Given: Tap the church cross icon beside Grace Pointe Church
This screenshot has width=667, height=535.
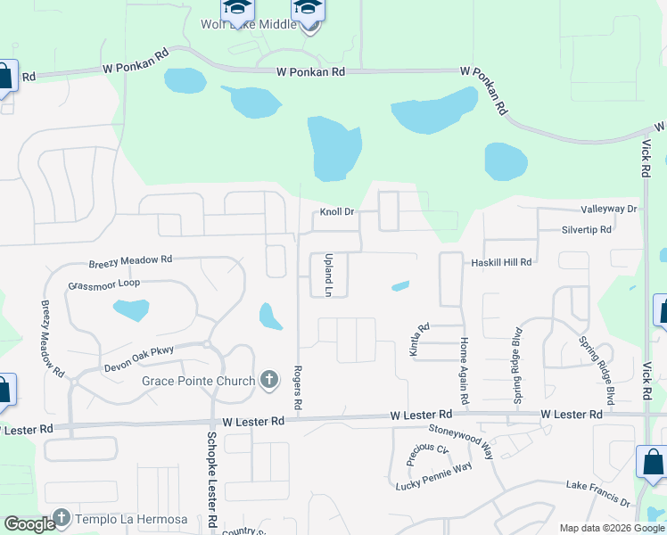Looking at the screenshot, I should pyautogui.click(x=270, y=381).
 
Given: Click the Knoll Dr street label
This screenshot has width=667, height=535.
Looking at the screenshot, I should pyautogui.click(x=338, y=212).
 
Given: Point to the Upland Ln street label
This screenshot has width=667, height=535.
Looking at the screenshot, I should pyautogui.click(x=327, y=274).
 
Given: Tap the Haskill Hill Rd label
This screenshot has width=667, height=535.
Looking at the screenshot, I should pyautogui.click(x=501, y=262).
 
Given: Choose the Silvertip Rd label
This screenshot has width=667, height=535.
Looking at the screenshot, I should pyautogui.click(x=586, y=229).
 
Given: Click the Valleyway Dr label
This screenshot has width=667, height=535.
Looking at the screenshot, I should pyautogui.click(x=609, y=209).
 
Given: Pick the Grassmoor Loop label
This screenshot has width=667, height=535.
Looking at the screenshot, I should pyautogui.click(x=104, y=285).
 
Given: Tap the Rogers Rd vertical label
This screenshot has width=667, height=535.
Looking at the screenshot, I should pyautogui.click(x=299, y=389).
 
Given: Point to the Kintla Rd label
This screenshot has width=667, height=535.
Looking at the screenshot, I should pyautogui.click(x=415, y=340).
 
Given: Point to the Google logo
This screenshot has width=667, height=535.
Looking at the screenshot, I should pyautogui.click(x=29, y=525).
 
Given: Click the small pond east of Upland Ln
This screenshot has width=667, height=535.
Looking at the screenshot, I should pyautogui.click(x=400, y=286).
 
